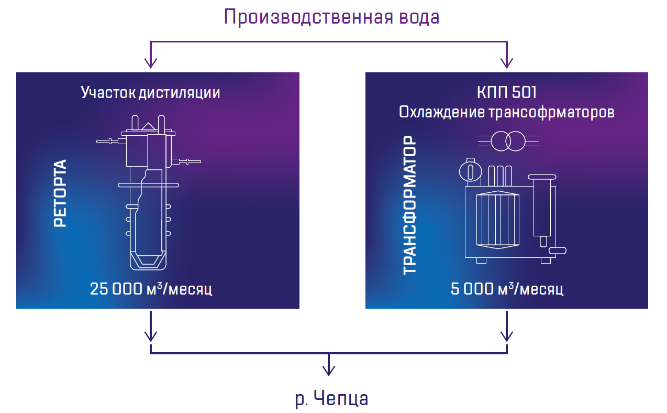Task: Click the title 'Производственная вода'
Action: (332, 17)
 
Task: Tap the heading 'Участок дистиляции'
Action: (150, 93)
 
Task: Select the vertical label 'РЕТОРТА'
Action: (61, 193)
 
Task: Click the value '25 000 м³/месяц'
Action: (151, 289)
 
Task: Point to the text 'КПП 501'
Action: (506, 93)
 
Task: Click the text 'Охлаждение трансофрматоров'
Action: (506, 112)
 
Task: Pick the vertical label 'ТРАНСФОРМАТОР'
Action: (410, 205)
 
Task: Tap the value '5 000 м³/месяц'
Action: (506, 289)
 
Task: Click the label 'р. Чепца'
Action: (331, 399)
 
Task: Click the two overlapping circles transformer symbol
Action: (508, 140)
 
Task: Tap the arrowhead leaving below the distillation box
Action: (151, 335)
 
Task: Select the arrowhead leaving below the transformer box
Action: (506, 335)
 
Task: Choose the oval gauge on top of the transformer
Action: (470, 171)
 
